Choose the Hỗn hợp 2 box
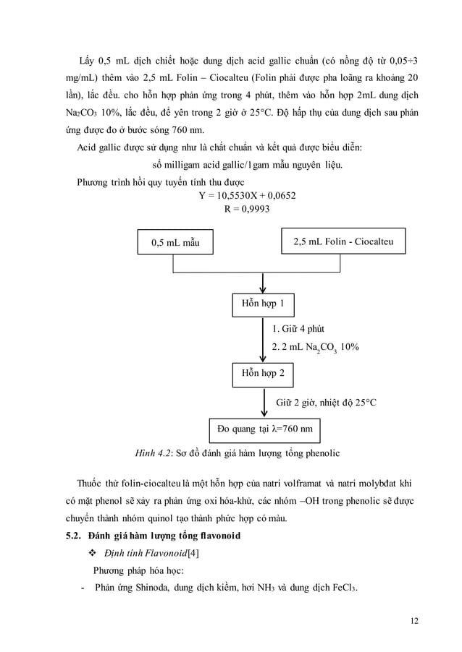(263, 374)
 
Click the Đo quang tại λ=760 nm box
(265, 429)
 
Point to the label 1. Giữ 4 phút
(298, 329)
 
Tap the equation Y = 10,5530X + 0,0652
(246, 195)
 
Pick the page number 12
(413, 620)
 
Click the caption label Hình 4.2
(153, 453)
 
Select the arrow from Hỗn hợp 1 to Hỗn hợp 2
(263, 340)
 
